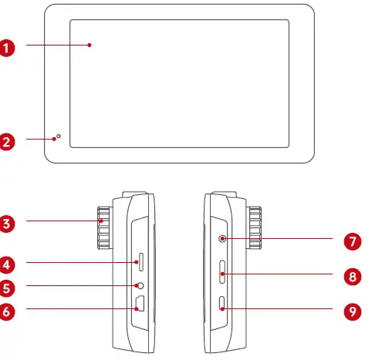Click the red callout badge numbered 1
[x=8, y=46]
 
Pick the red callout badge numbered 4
[x=8, y=264]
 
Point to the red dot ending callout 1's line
[x=90, y=46]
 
